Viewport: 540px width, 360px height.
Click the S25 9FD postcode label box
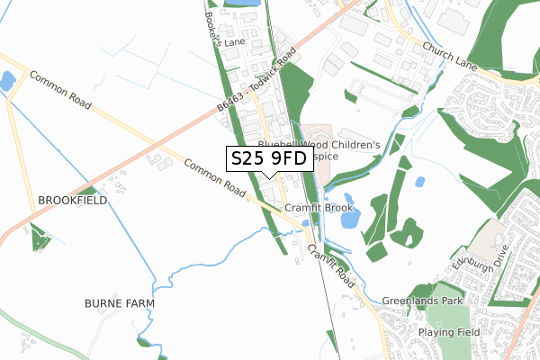[x=269, y=158]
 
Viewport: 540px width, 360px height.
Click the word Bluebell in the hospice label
[x=283, y=144]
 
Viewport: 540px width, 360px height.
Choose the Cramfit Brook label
[x=319, y=208]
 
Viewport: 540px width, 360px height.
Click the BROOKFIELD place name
[x=72, y=200]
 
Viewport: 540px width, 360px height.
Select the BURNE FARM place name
[x=120, y=303]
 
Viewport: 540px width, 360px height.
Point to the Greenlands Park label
[x=422, y=301]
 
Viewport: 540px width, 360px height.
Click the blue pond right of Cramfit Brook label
[x=348, y=215]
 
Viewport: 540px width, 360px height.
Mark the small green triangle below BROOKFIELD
[x=38, y=238]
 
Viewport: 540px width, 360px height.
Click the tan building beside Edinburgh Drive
[x=490, y=236]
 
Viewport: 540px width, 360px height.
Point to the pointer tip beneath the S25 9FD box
[x=269, y=175]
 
